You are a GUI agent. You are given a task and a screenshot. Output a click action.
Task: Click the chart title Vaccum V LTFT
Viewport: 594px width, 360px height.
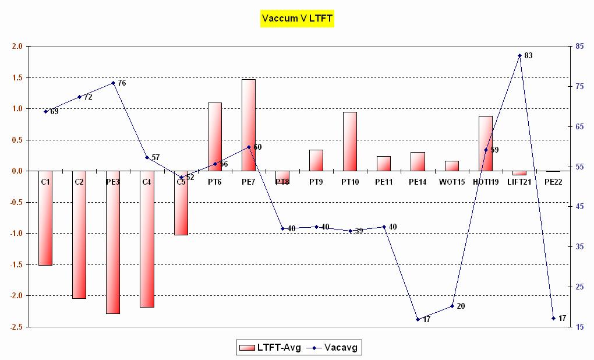coord(297,19)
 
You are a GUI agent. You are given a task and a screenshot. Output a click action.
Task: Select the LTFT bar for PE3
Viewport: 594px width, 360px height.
coord(113,242)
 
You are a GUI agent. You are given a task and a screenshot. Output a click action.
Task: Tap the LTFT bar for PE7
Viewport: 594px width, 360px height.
coord(249,125)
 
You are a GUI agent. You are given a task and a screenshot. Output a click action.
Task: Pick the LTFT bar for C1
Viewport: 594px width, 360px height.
coord(45,218)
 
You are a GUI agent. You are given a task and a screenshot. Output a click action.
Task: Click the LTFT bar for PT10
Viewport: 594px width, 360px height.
coord(350,141)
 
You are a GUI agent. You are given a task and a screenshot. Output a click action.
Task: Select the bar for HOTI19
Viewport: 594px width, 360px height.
coord(486,143)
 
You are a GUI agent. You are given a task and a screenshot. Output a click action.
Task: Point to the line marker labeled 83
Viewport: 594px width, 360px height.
coord(519,55)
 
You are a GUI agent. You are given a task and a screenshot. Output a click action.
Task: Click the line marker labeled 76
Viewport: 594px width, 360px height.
coord(113,83)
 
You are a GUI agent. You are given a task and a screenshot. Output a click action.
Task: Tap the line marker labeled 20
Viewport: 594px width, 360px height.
coord(452,306)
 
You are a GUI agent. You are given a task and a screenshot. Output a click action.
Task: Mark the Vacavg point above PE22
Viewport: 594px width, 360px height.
coord(553,318)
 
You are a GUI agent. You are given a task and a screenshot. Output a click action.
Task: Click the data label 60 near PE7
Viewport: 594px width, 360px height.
coord(257,147)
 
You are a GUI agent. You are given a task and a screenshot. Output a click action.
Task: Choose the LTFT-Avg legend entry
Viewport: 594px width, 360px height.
coord(270,348)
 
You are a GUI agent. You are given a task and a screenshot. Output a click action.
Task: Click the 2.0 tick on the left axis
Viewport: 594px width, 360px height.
coord(17,47)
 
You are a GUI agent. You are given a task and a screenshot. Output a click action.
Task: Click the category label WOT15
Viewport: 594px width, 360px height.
coord(452,182)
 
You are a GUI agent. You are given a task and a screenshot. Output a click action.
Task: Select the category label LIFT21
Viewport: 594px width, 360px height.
coord(519,182)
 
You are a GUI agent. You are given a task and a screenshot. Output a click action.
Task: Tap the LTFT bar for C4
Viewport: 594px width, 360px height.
coord(147,239)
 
